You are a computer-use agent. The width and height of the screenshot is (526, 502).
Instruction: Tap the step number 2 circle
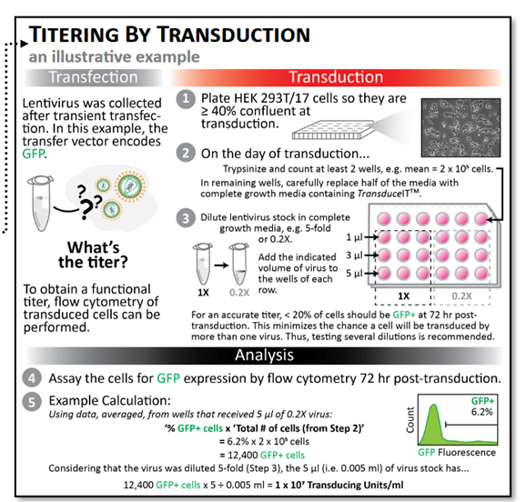pos(186,152)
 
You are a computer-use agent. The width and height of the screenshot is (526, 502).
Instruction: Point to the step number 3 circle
pos(186,218)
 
